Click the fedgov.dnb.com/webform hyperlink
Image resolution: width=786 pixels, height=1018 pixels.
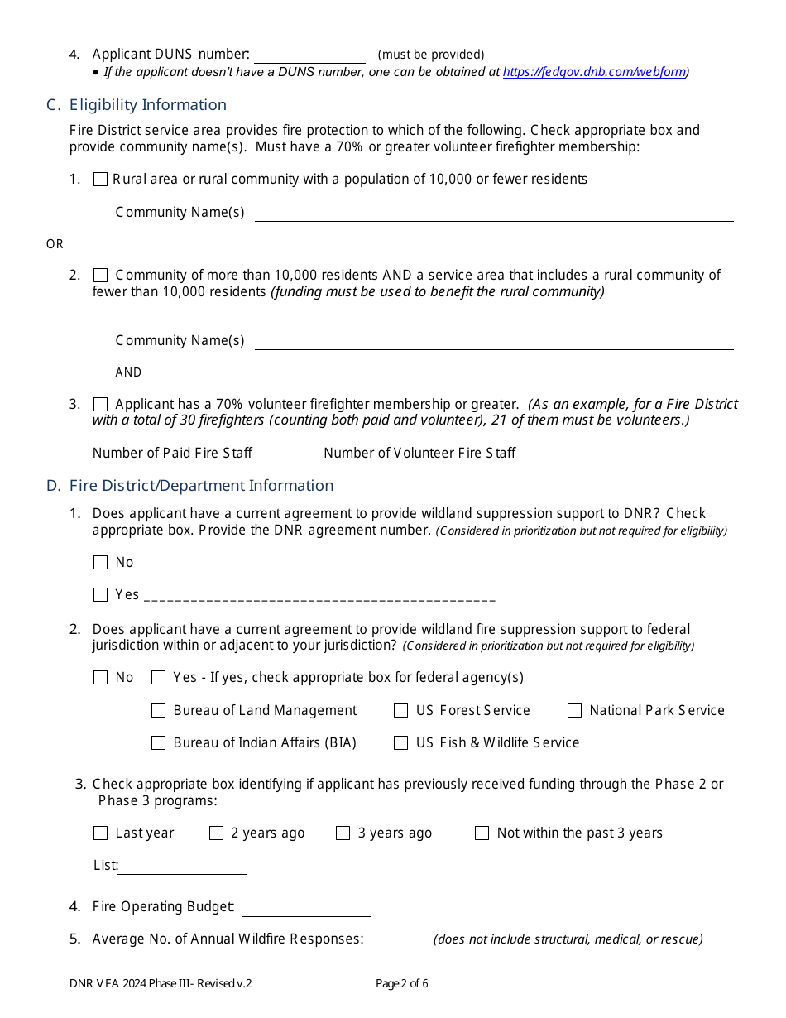point(594,72)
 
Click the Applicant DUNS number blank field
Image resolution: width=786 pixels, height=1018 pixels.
point(309,55)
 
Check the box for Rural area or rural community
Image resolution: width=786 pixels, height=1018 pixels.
point(101,179)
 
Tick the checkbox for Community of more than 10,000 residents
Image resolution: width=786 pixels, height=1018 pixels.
point(101,275)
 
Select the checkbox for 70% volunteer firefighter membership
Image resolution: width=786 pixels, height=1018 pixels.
point(101,405)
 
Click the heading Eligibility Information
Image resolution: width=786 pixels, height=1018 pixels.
point(147,105)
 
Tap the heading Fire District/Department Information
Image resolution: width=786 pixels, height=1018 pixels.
point(201,486)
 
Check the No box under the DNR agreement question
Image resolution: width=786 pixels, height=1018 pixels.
point(101,563)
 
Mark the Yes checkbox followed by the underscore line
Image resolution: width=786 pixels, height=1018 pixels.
point(101,595)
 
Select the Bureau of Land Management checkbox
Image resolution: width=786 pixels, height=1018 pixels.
point(159,711)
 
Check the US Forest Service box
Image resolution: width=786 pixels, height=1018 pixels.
point(401,711)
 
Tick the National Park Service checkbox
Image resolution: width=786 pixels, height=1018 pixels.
point(575,711)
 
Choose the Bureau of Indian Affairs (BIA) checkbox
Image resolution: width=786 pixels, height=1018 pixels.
point(159,743)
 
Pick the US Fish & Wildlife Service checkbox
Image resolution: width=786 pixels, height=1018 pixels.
point(401,743)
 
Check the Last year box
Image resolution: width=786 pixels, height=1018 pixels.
point(101,833)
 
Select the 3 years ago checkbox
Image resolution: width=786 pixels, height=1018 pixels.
point(343,833)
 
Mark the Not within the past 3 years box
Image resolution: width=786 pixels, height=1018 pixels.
point(482,833)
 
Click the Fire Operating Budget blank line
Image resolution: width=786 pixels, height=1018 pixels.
point(306,908)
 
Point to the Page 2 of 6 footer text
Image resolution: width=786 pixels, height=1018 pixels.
point(401,984)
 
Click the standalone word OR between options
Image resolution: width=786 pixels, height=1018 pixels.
point(55,244)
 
